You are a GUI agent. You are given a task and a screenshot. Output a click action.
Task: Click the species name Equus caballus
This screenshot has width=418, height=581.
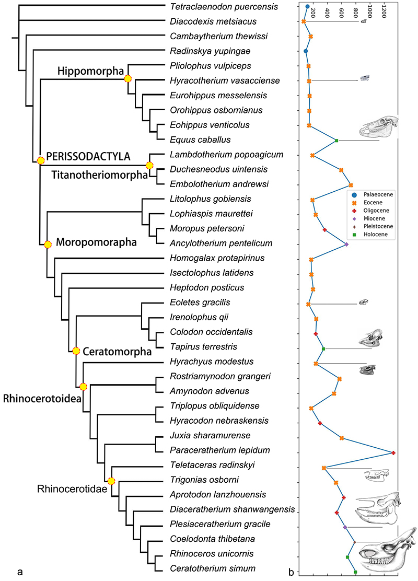(193, 140)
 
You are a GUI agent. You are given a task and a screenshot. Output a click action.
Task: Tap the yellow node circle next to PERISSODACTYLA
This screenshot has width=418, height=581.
(40, 160)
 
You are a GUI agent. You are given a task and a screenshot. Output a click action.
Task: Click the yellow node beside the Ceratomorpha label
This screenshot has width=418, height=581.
(76, 351)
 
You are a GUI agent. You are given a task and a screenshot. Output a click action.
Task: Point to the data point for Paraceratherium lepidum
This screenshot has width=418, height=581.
(393, 452)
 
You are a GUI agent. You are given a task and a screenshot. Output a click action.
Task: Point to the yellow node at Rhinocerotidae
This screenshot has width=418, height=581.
(111, 481)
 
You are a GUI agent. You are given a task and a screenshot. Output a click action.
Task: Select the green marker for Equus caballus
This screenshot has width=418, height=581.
(337, 141)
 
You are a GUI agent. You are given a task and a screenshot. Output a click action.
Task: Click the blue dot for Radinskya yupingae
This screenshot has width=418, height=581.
(306, 51)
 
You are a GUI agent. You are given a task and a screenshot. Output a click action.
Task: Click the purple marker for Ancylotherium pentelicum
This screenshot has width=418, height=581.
(346, 245)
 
